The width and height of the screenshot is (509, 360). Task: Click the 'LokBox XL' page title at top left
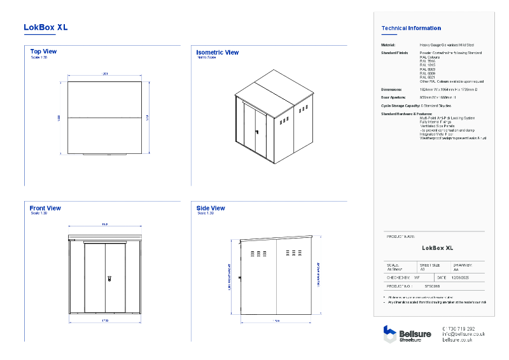coord(45,27)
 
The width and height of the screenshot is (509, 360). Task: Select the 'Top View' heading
coord(43,52)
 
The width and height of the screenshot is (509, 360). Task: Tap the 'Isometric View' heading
coord(217,53)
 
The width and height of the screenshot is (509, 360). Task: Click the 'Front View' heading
coord(45,208)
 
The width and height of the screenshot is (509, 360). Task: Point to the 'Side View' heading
coord(211,208)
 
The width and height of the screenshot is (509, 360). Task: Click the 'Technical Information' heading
coord(410,28)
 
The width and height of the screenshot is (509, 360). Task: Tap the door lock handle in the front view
coord(109,279)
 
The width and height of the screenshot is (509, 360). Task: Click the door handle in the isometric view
coord(257,132)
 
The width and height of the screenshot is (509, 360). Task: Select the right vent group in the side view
coord(294,253)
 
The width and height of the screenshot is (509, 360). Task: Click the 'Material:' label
coord(388,46)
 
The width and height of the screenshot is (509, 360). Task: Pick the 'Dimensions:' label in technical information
coord(391,90)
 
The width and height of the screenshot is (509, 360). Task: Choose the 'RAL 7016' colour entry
coord(427,60)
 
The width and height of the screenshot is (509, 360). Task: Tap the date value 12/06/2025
coord(461,278)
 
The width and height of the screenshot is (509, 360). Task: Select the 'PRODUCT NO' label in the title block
coord(399,286)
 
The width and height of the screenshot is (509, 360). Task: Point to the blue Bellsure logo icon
coord(389,333)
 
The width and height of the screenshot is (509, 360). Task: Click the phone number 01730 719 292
coord(458,328)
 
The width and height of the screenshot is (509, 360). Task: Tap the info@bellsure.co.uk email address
coord(463,334)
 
